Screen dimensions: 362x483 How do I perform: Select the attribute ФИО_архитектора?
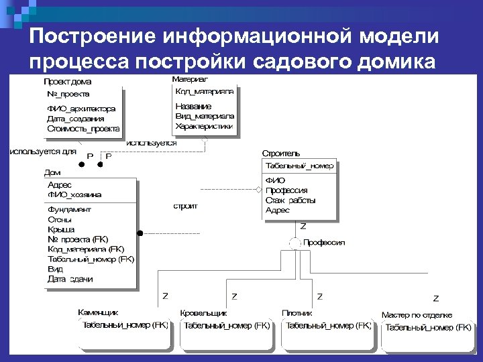(81, 109)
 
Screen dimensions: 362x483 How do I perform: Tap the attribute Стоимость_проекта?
(84, 129)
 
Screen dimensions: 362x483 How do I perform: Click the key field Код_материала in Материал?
(205, 91)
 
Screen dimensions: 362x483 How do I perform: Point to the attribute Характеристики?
(204, 125)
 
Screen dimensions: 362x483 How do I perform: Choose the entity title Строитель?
(281, 154)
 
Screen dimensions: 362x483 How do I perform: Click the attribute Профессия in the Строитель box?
(286, 190)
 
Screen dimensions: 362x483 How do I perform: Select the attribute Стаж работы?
(290, 200)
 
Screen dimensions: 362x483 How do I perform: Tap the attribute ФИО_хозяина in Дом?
(74, 194)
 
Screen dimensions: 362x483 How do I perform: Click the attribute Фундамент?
(70, 209)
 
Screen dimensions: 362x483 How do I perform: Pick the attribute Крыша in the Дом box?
(61, 229)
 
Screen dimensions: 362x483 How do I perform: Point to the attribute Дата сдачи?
(70, 279)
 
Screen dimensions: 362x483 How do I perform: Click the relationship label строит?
(186, 206)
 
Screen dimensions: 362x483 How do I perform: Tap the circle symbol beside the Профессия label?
(294, 243)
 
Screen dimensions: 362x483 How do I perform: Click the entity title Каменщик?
(98, 312)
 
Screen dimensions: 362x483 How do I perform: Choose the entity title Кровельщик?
(203, 313)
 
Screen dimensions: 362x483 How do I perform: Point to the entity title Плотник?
(297, 313)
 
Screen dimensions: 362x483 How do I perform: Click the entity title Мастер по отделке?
(417, 315)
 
